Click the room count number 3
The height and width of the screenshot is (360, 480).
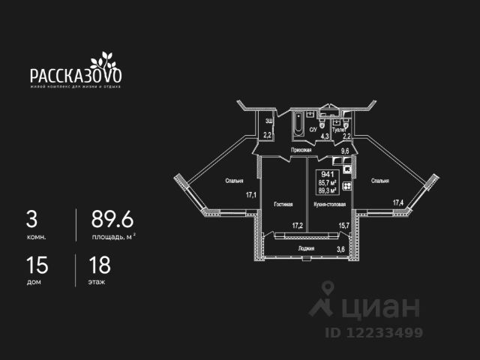point(31,219)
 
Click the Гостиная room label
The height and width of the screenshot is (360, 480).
point(283,203)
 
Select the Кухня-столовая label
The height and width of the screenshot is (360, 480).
point(334,203)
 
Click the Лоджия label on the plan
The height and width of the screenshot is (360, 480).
point(306,247)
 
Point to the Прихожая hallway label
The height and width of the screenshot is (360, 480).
point(302,150)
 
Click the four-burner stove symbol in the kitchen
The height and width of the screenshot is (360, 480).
point(347,187)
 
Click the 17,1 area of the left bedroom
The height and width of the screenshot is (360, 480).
point(252,195)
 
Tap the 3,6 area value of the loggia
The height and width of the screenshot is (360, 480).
point(340,249)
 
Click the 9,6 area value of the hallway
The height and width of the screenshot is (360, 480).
point(345,151)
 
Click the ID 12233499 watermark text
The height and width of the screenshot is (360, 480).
point(373,332)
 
